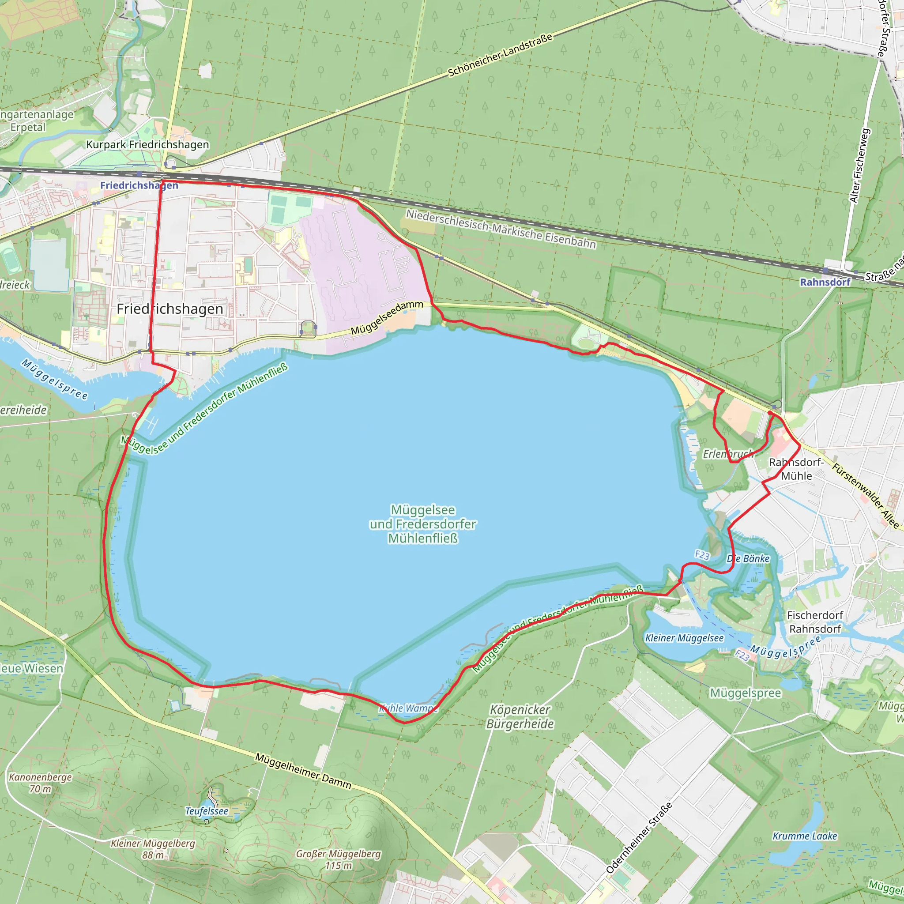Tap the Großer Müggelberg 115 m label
point(338,859)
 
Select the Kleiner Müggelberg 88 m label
point(153,849)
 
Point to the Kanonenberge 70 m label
point(40,783)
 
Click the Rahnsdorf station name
point(825,282)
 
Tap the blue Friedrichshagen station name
point(139,185)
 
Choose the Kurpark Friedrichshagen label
point(147,145)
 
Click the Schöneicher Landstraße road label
point(500,55)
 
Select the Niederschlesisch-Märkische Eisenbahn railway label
point(501,228)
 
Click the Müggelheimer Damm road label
point(303,770)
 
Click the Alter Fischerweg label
point(860,166)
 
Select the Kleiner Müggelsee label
point(684,638)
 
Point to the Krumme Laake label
point(805,836)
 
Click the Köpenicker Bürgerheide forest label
point(520,716)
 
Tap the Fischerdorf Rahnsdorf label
point(815,622)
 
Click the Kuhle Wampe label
point(408,708)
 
